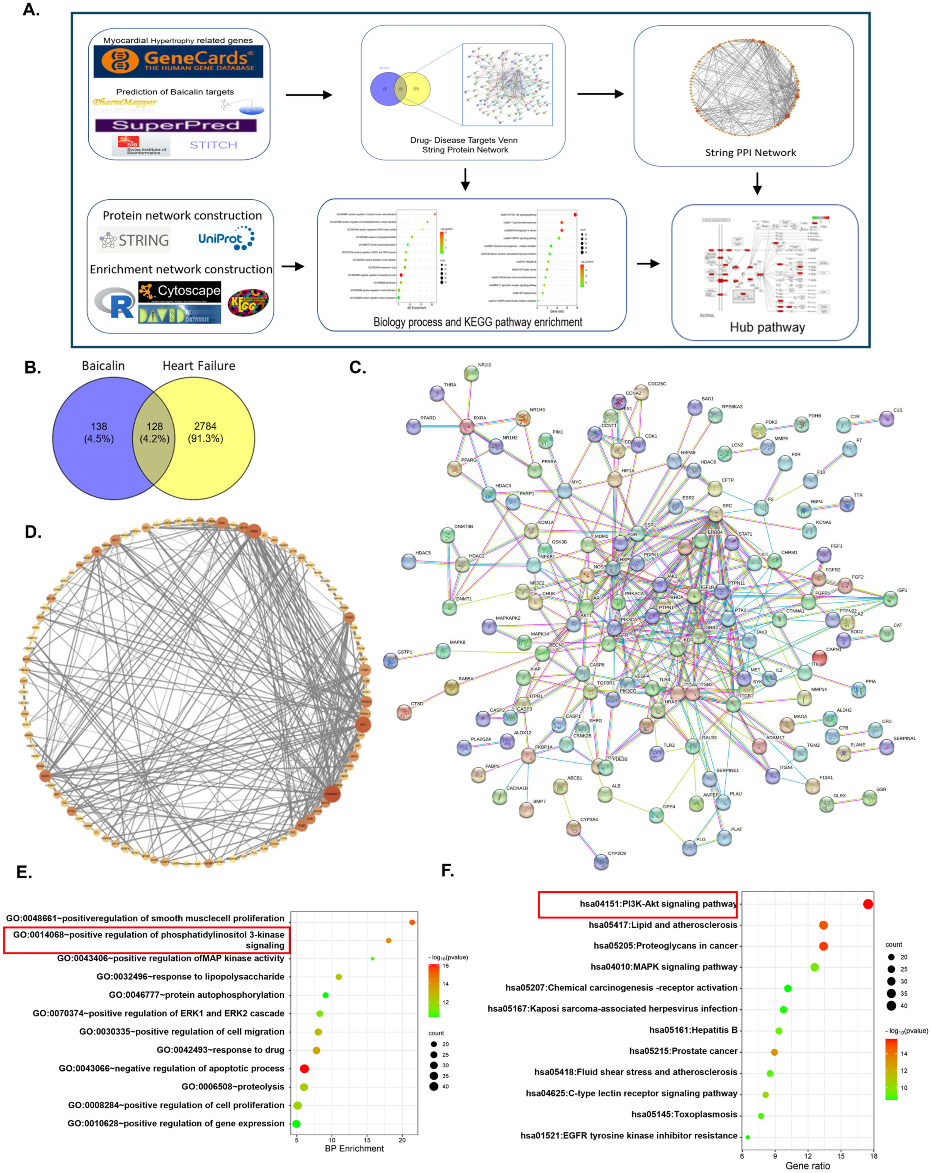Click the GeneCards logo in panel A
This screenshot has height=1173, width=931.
[178, 61]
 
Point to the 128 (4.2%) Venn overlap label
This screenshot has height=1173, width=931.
[154, 432]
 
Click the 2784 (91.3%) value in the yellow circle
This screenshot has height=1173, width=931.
[205, 432]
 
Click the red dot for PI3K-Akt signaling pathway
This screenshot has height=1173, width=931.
[868, 904]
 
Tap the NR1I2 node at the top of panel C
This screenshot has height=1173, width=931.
[471, 373]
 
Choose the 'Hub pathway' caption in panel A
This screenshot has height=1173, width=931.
[767, 327]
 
